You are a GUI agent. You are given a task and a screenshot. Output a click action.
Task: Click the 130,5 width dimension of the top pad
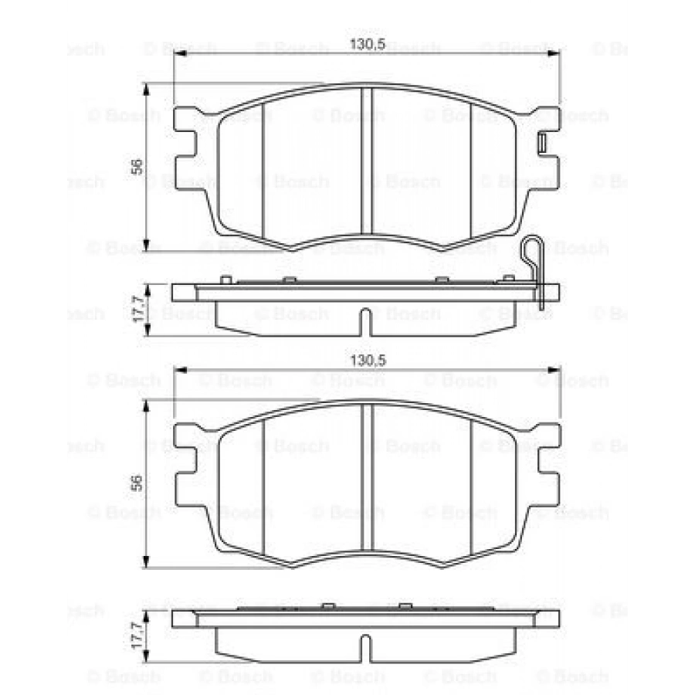(368, 44)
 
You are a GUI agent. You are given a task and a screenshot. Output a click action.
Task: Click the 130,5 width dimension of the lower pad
(368, 361)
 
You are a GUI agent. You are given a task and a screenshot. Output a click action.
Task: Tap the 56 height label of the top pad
(137, 167)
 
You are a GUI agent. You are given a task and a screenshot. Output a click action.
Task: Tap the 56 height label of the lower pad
(137, 483)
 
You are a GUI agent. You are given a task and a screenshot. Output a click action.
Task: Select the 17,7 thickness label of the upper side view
(138, 309)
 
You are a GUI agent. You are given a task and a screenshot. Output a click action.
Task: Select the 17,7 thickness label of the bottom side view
(138, 636)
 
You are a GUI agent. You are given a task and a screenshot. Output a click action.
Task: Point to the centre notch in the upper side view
(365, 321)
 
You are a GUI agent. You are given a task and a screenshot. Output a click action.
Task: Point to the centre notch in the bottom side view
(365, 648)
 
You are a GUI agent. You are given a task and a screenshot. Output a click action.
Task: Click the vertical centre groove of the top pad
(367, 161)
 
